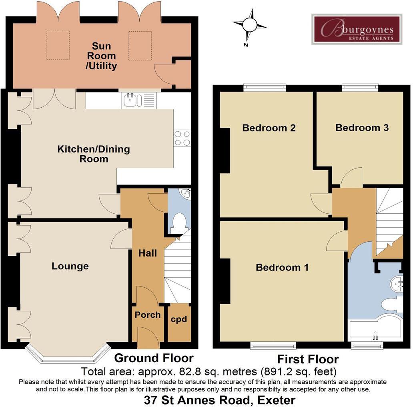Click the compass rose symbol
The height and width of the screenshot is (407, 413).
point(250,25)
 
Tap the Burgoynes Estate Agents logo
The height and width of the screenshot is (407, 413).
point(357,29)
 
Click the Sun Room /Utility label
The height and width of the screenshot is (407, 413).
point(101,56)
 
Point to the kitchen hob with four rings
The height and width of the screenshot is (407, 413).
point(182,138)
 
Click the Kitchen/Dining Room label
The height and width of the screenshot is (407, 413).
point(94,154)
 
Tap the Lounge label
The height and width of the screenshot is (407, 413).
point(70,266)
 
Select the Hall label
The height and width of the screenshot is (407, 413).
point(148,253)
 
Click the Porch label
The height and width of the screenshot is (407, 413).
point(147,315)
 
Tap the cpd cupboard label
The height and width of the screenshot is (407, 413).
point(179,319)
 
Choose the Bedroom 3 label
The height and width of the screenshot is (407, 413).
point(362,128)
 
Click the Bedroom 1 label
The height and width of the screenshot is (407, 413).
point(282,267)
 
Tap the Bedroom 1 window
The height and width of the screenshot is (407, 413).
point(273,345)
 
